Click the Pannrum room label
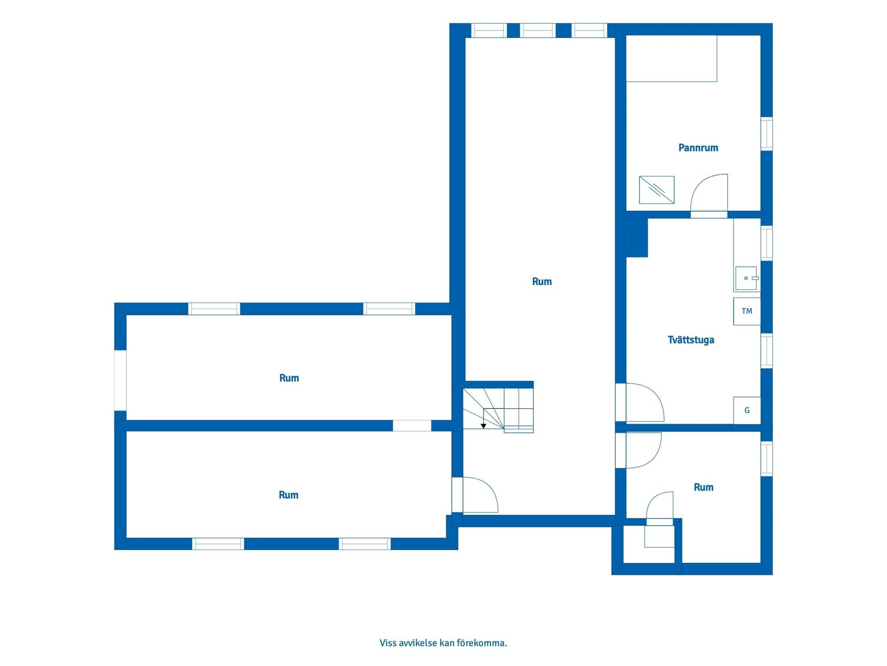pos(698,148)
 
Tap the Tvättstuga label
pos(691,340)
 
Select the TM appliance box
pos(747,311)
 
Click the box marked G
pos(747,410)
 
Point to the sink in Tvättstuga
pos(746,278)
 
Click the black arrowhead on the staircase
pos(483,426)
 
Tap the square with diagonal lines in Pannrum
pos(657,190)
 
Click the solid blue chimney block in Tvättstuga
pos(637,238)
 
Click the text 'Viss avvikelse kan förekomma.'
pos(443,643)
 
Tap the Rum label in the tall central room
pos(542,282)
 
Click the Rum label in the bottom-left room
pos(288,495)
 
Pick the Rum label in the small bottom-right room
pos(703,487)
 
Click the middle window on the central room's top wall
pos(537,30)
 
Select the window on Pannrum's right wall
pos(767,134)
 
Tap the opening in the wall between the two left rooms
pos(412,426)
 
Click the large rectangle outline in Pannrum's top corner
pos(671,59)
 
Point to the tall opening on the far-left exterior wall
pos(120,380)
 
